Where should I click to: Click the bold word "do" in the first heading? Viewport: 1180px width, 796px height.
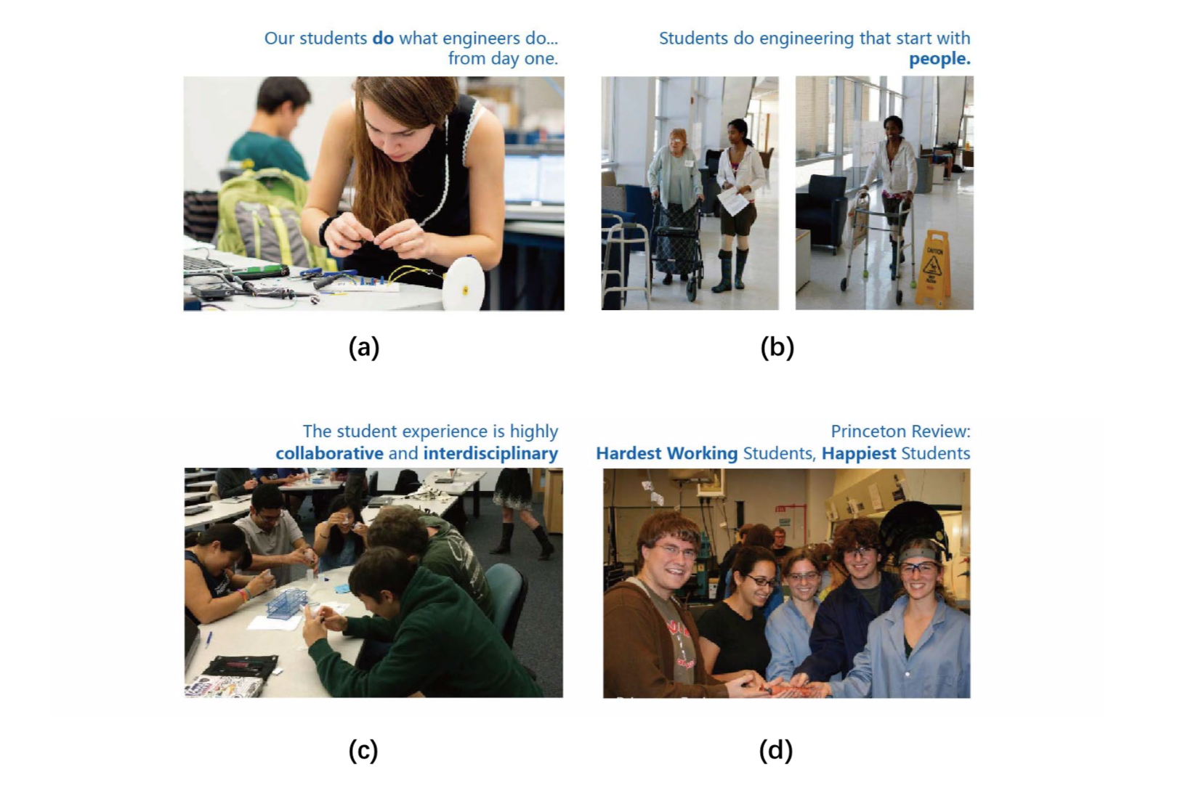click(383, 38)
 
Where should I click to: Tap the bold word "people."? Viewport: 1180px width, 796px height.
click(939, 59)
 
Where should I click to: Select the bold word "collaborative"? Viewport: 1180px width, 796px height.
click(329, 453)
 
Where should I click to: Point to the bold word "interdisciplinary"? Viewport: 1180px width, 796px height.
click(490, 454)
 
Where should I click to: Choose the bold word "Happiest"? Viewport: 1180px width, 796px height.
click(859, 453)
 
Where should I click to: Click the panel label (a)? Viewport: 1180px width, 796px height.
click(364, 347)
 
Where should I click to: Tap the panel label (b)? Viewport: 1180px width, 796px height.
click(777, 347)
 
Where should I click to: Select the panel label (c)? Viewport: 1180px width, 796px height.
click(363, 750)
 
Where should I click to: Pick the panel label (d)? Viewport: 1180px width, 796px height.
click(775, 750)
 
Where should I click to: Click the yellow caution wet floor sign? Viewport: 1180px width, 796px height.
click(933, 268)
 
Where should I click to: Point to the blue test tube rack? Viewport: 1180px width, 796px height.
click(288, 603)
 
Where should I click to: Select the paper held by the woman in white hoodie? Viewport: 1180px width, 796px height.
click(731, 200)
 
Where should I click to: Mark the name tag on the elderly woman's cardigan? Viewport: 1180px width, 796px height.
click(689, 163)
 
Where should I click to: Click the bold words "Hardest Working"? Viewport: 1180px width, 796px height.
click(667, 453)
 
